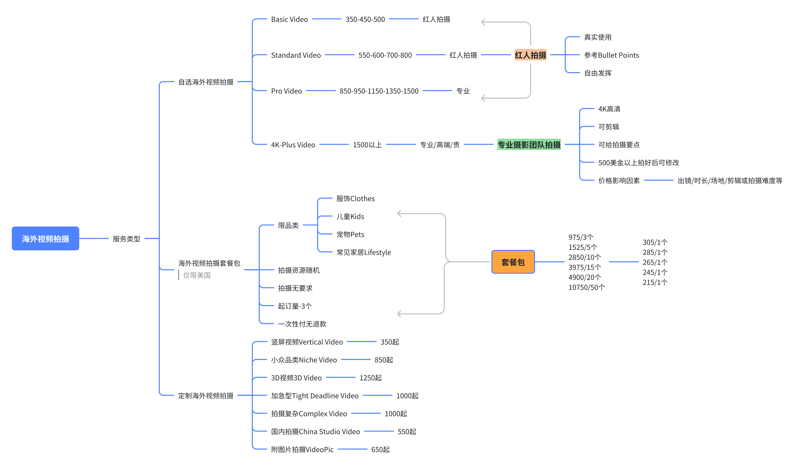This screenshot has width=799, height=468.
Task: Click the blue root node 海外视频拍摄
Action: (x=45, y=238)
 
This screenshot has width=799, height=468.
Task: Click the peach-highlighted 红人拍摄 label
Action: (x=530, y=55)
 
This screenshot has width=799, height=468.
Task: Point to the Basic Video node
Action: (x=289, y=19)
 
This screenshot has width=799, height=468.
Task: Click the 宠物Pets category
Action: (x=350, y=234)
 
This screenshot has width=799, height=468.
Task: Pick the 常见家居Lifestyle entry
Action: (x=363, y=252)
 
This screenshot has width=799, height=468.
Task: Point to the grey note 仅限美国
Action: (x=197, y=275)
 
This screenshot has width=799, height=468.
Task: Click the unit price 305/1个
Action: (x=655, y=242)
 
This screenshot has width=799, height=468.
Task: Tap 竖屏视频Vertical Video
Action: (x=307, y=342)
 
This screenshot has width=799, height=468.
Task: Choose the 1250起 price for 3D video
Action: (x=370, y=378)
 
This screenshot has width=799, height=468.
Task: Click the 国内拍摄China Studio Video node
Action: (x=315, y=432)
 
